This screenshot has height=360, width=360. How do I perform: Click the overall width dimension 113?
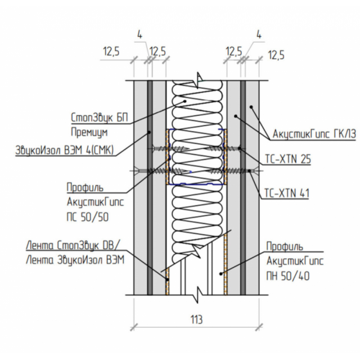pyautogui.click(x=197, y=320)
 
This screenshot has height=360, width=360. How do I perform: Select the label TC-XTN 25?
pyautogui.click(x=287, y=159)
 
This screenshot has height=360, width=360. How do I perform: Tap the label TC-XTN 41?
pyautogui.click(x=287, y=193)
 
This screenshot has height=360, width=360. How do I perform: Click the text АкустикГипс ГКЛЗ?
pyautogui.click(x=314, y=134)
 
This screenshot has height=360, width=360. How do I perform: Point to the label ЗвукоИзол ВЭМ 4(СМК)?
pyautogui.click(x=64, y=150)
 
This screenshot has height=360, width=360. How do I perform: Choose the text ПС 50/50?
pyautogui.click(x=88, y=217)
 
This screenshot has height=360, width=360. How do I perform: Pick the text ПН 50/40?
pyautogui.click(x=288, y=276)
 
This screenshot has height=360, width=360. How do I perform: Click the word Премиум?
pyautogui.click(x=89, y=132)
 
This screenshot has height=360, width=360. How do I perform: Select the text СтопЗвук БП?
pyautogui.click(x=99, y=117)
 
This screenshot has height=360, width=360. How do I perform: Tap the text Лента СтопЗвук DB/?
pyautogui.click(x=72, y=246)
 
